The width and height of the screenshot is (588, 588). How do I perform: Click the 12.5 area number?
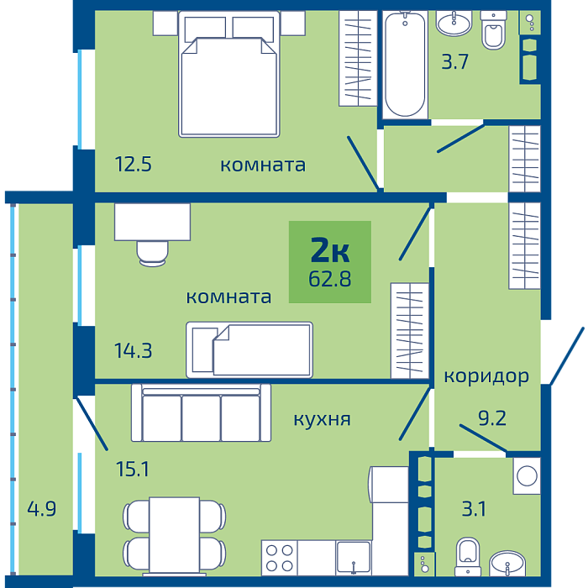133,165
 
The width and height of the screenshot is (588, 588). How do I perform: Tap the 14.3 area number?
133,351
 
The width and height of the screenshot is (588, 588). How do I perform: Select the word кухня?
322,419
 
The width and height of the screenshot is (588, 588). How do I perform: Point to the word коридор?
486,376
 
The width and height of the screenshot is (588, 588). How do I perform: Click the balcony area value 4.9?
42,509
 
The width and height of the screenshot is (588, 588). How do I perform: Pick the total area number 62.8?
329,279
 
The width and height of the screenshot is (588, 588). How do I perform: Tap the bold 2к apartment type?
330,250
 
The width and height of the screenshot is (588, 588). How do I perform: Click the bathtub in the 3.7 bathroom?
405,64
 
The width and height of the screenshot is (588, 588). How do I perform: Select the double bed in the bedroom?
229,74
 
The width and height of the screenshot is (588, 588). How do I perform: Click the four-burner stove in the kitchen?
280,558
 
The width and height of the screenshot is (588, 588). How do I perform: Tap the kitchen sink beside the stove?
354,558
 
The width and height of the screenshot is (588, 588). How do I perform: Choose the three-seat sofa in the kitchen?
201,412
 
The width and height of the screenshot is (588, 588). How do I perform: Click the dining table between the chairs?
175,536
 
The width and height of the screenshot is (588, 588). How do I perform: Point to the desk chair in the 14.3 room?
152,254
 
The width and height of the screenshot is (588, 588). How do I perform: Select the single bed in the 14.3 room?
249,350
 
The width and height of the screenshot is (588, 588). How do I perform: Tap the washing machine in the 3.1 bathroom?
527,475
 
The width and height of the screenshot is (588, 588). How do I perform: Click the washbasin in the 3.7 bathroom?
454,24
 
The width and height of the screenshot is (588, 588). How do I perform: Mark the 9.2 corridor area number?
492,418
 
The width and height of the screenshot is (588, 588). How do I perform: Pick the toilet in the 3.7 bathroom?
494,30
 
